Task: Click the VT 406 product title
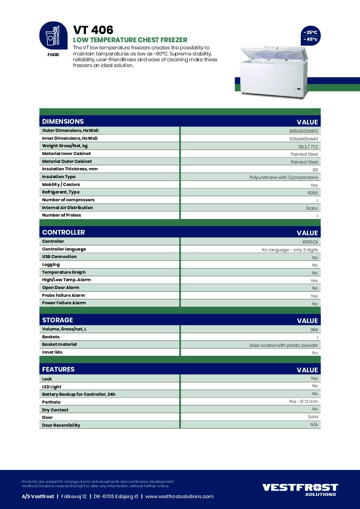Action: (93, 30)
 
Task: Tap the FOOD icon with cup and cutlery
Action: (53, 36)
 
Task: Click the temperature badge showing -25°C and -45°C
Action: (310, 36)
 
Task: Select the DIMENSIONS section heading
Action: (63, 121)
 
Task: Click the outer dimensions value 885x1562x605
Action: (304, 131)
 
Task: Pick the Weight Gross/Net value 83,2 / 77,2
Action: (308, 147)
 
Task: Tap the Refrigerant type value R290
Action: (313, 193)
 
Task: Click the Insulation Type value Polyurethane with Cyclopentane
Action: (283, 177)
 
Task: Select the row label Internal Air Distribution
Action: (67, 208)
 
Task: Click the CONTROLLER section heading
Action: (64, 232)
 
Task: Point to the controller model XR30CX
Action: (310, 242)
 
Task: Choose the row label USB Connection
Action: (59, 257)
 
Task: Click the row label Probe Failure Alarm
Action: (64, 295)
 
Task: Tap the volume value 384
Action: (314, 330)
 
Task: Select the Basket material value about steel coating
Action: (283, 345)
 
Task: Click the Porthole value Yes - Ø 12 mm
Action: (303, 402)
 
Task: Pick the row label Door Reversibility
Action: (61, 425)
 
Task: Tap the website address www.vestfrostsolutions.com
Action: (179, 496)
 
